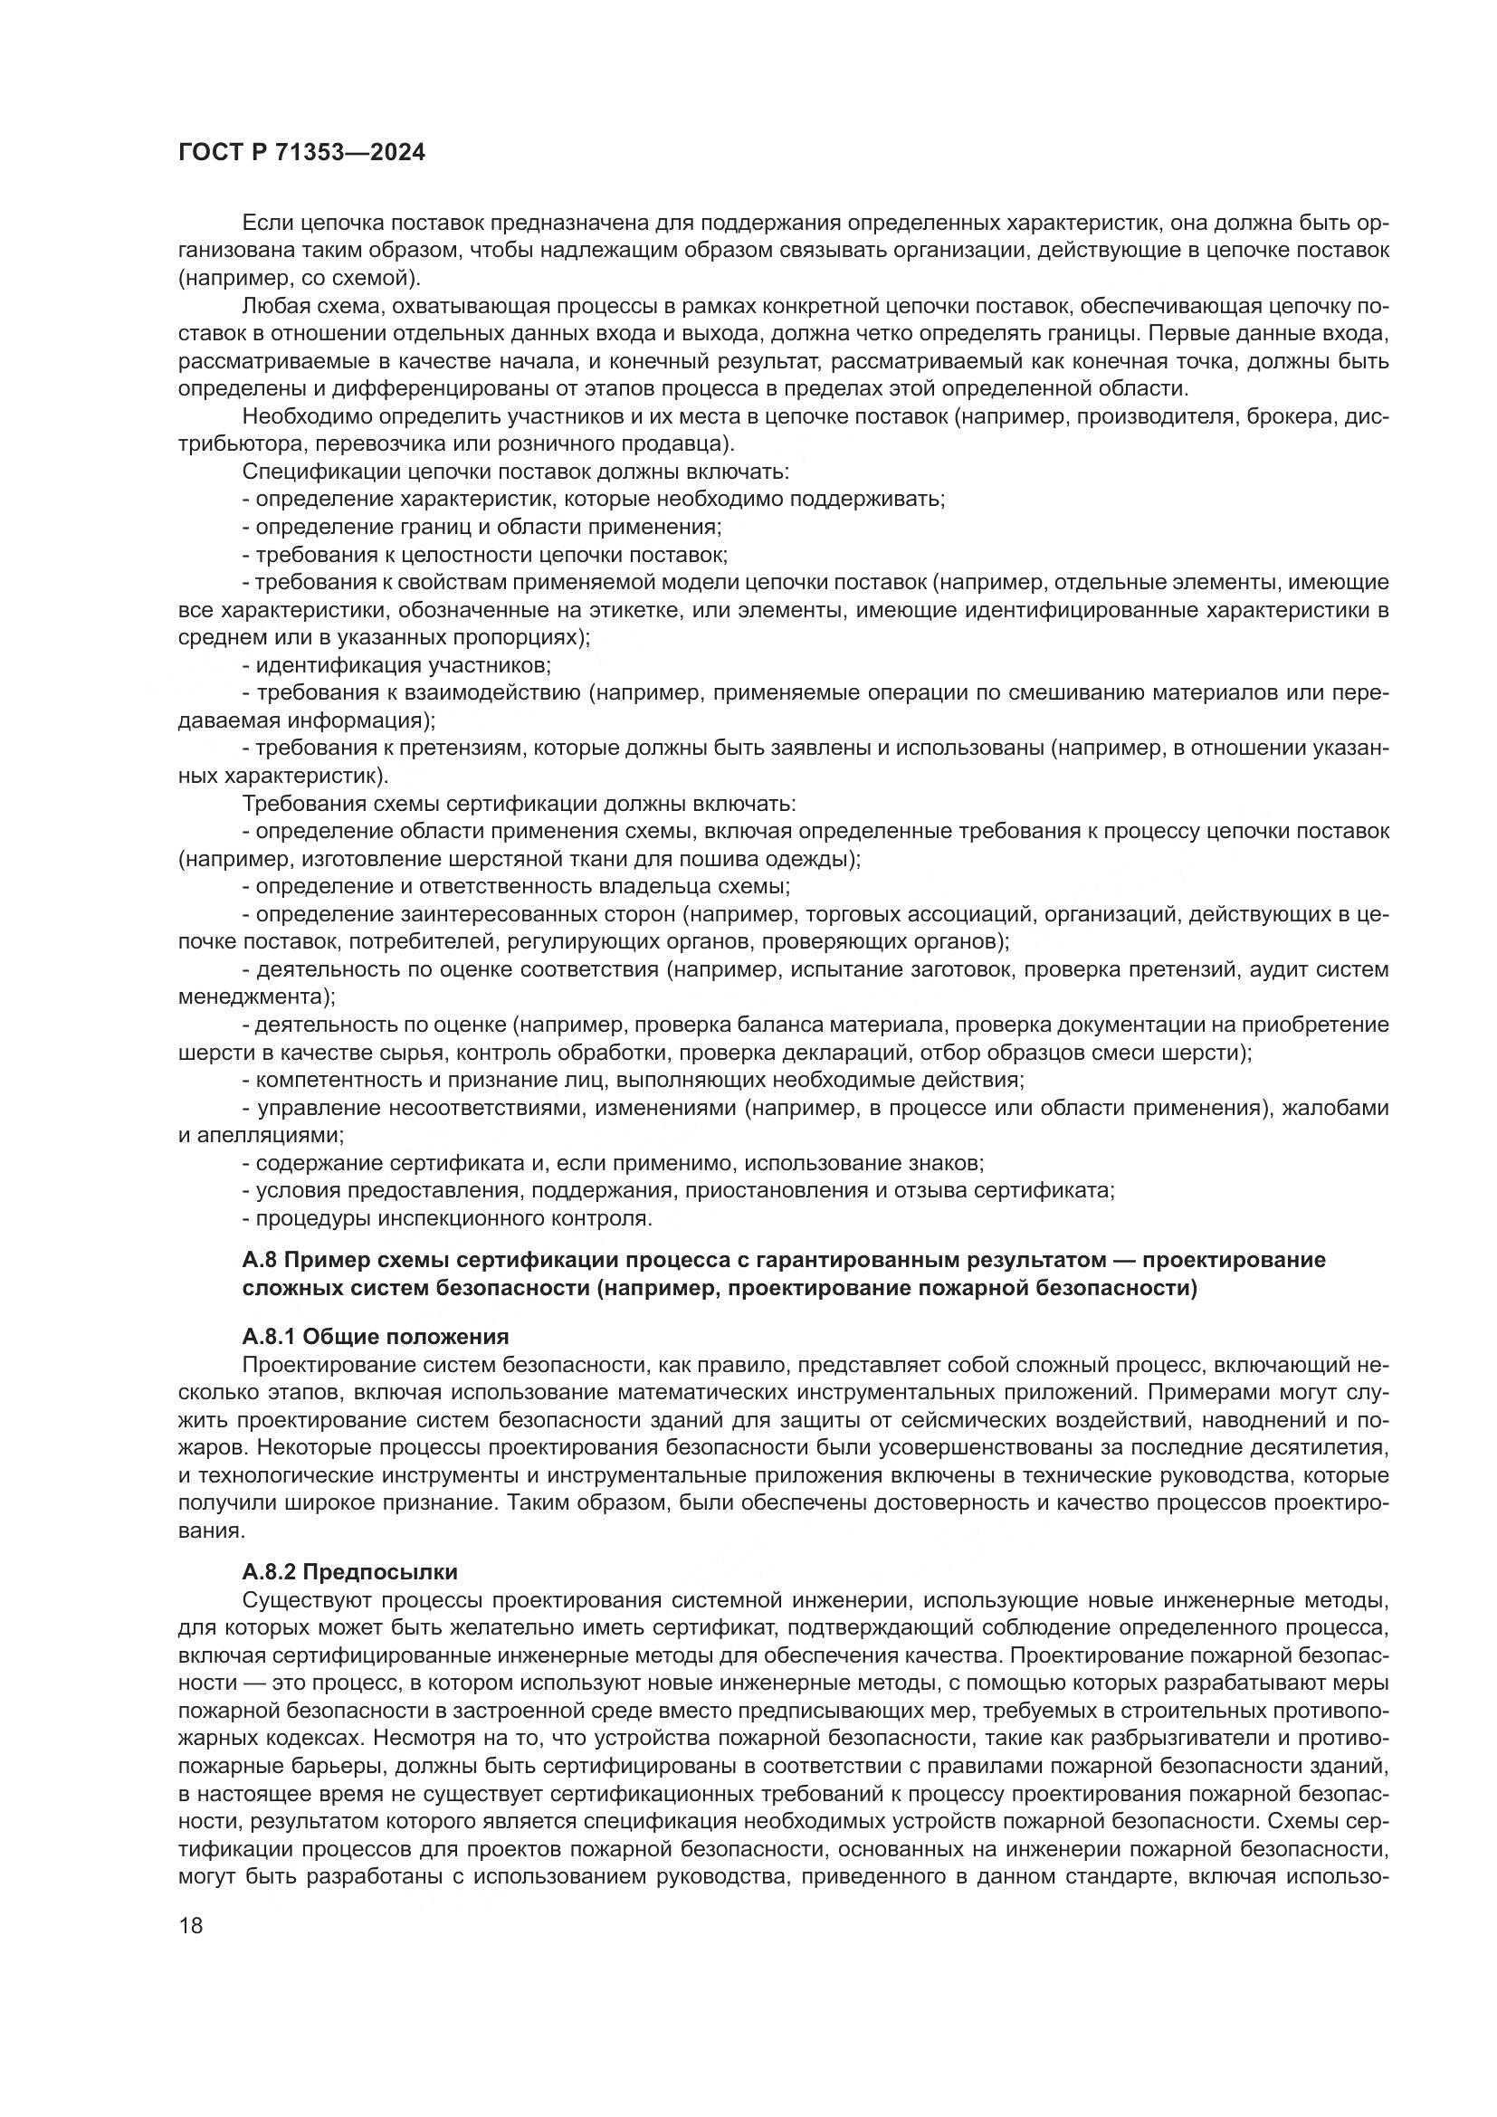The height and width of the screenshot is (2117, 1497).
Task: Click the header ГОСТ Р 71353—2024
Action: click(x=301, y=153)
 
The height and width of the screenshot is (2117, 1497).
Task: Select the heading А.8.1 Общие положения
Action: click(x=376, y=1336)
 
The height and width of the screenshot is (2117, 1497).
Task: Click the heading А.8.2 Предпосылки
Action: click(x=349, y=1570)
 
